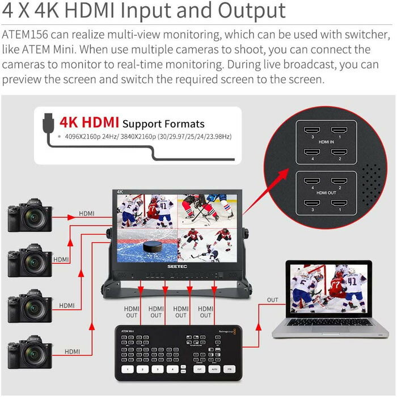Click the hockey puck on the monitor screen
151,247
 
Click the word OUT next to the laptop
273,299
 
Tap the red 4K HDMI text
91,122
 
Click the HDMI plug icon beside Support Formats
49,123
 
